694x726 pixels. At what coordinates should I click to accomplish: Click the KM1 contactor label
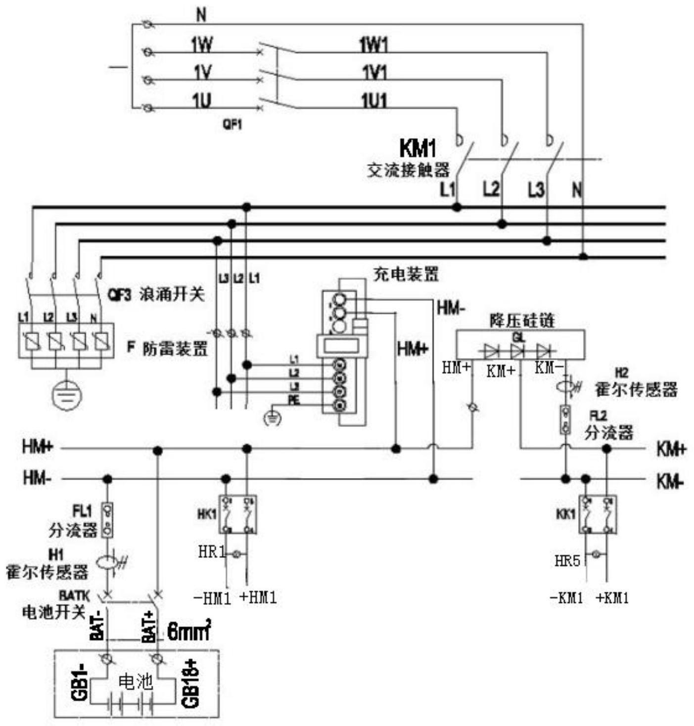[x=417, y=148]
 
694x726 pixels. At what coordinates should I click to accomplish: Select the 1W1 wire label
[x=373, y=46]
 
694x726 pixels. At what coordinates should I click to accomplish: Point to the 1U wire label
[x=202, y=101]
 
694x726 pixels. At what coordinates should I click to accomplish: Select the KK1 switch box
[x=597, y=514]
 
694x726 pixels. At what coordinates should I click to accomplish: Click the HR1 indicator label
[x=212, y=552]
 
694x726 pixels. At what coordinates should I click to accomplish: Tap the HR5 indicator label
[x=567, y=561]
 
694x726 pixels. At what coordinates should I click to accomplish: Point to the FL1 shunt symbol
[x=107, y=520]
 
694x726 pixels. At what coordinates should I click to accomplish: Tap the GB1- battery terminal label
[x=80, y=683]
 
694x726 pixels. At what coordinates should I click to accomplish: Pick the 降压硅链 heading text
[x=522, y=321]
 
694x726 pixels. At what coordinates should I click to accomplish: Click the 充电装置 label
[x=406, y=274]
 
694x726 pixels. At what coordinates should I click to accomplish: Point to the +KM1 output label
[x=612, y=598]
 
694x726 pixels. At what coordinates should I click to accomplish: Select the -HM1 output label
[x=212, y=598]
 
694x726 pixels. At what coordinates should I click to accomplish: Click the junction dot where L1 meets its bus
[x=457, y=207]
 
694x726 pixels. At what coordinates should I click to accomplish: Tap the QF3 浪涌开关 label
[x=156, y=295]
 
